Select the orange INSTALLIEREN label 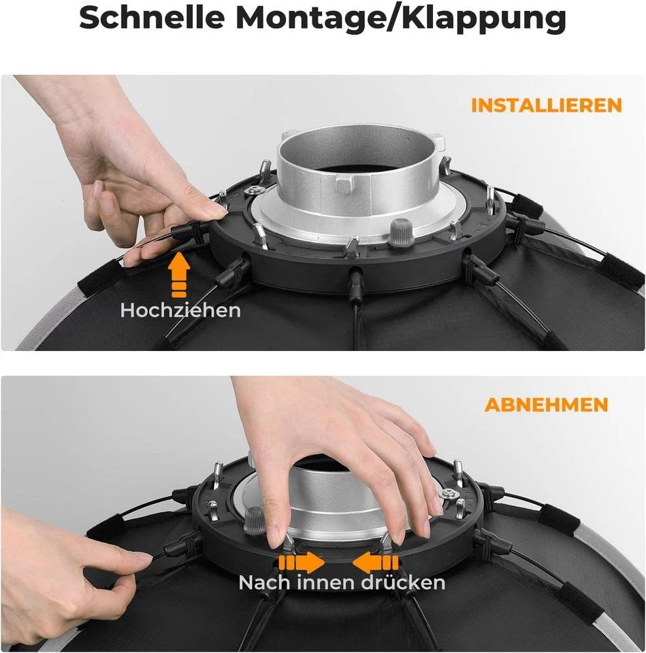(x=547, y=105)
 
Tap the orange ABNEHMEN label (x=546, y=405)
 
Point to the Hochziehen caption (x=180, y=311)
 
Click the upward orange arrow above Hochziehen (x=179, y=275)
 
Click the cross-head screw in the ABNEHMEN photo (x=449, y=494)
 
